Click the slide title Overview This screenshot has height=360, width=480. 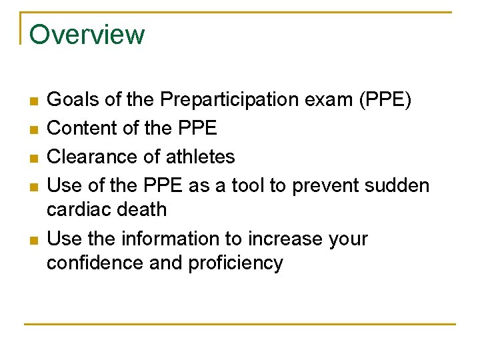tap(87, 34)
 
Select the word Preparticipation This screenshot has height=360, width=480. tap(225, 100)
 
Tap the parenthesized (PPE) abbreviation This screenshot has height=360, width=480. tap(385, 100)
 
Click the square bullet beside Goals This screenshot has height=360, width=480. tap(33, 101)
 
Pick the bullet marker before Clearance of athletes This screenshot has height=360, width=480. tap(33, 158)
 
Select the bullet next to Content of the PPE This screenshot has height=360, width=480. tap(33, 129)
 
